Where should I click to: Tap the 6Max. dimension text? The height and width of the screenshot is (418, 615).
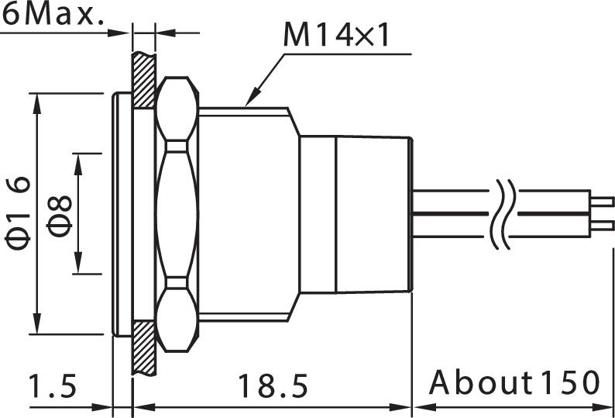click(53, 15)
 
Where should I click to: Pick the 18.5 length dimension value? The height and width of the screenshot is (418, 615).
click(273, 384)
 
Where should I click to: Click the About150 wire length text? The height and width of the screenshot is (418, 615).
click(514, 382)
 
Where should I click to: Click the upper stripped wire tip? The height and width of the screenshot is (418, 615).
click(601, 199)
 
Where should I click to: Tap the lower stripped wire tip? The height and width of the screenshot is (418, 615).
click(601, 228)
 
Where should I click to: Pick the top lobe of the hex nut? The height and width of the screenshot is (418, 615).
click(178, 109)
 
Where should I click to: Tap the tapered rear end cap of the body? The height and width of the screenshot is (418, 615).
click(373, 215)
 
